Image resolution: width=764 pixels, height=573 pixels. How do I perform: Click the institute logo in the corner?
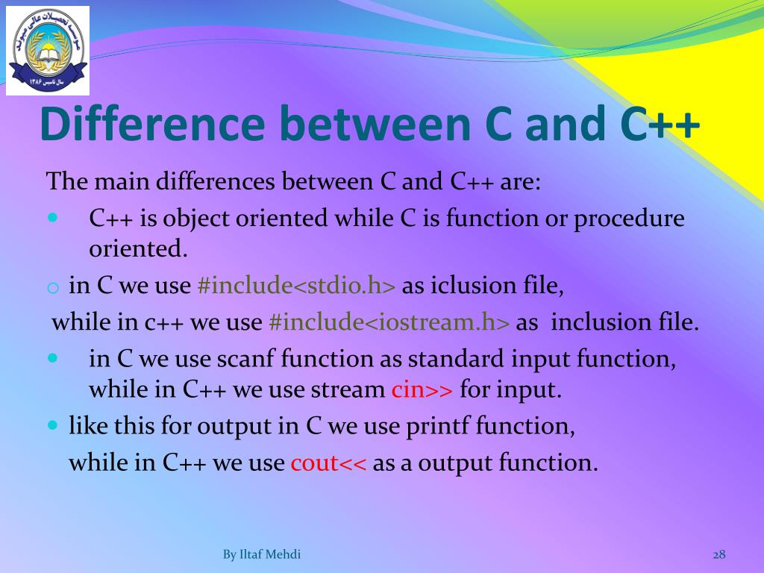[48, 51]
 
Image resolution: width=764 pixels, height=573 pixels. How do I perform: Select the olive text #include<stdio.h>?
[296, 285]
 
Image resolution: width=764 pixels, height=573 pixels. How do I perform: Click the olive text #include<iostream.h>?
[389, 322]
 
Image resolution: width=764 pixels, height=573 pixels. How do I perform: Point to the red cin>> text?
[422, 389]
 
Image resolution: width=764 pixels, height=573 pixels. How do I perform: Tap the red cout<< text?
[328, 463]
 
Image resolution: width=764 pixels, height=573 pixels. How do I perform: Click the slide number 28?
[719, 554]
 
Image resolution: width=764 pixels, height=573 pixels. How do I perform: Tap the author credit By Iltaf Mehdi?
[262, 554]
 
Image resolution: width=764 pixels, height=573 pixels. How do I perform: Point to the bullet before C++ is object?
[53, 217]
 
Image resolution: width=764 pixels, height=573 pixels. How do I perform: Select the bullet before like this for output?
[53, 425]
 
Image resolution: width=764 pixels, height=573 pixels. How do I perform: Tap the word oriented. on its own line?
[138, 248]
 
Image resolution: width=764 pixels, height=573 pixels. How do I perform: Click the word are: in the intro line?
[520, 182]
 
